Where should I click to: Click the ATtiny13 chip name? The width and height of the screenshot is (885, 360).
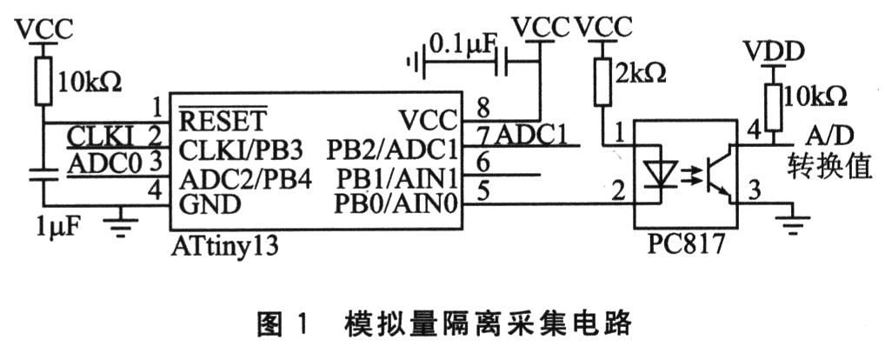225,245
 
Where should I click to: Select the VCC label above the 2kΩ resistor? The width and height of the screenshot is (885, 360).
602,27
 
